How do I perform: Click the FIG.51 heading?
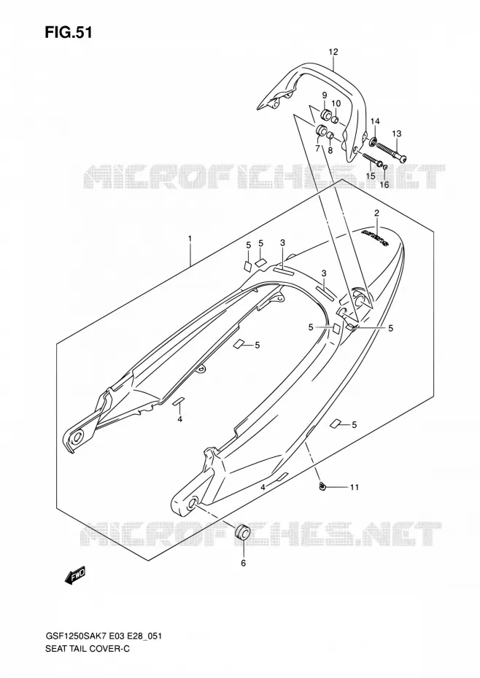(x=69, y=33)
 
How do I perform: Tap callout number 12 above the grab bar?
(x=333, y=52)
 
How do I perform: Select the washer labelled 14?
(x=373, y=140)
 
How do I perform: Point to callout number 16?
(x=384, y=185)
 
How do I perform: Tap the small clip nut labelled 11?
(x=322, y=487)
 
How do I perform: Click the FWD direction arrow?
(x=75, y=575)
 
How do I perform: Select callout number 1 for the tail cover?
(x=190, y=238)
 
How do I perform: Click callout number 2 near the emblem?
(x=376, y=213)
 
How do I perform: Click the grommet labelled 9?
(x=325, y=115)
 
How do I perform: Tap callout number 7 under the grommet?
(x=317, y=149)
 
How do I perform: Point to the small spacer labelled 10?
(x=336, y=119)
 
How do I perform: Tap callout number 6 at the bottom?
(x=243, y=563)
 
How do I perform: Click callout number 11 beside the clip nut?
(x=355, y=487)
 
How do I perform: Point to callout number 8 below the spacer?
(x=330, y=150)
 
